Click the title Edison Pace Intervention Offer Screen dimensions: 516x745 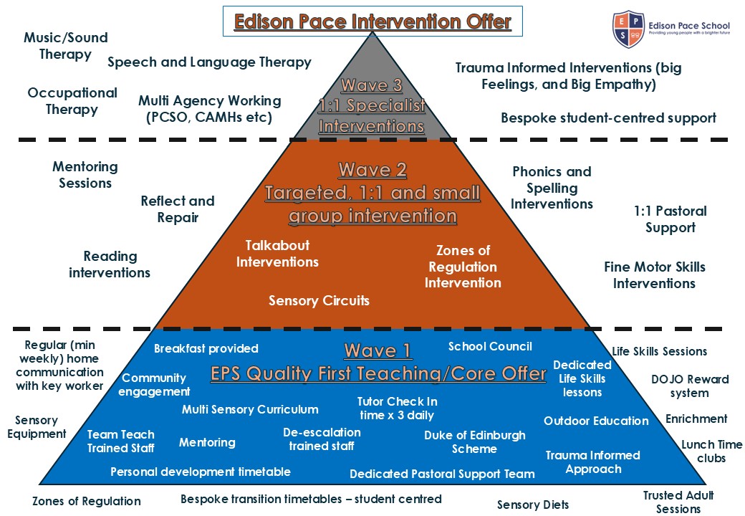[372, 21]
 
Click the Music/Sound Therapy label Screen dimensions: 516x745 [65, 46]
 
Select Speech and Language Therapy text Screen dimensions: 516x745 [209, 62]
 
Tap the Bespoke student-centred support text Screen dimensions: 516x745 [608, 118]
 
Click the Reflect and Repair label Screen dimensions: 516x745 [178, 209]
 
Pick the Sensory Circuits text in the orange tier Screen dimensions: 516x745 [319, 300]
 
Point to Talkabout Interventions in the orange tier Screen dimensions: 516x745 [277, 254]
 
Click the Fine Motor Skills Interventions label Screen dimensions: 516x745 [654, 275]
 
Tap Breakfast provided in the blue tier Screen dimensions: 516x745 [206, 348]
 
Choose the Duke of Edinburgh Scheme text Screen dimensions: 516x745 [474, 442]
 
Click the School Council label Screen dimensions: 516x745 [490, 346]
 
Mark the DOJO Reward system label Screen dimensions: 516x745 [690, 386]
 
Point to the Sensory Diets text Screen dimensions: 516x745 [533, 505]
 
